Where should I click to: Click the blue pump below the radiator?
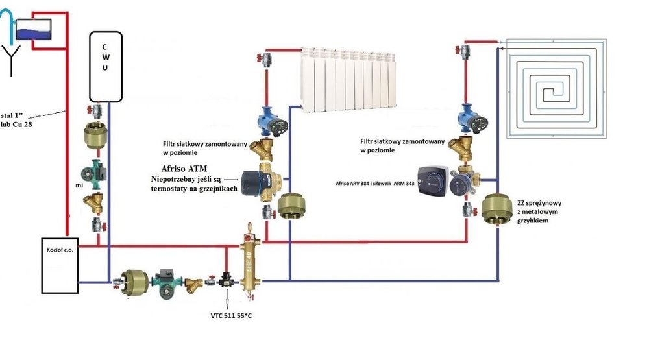[x=267, y=119]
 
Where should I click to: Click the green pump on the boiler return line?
[x=167, y=280]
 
